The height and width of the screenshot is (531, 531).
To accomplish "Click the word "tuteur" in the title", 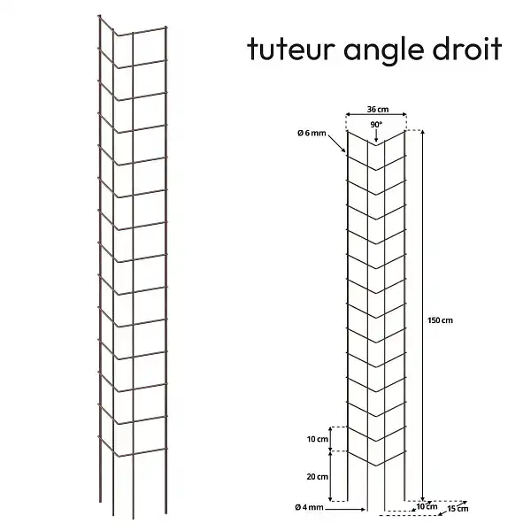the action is [x=291, y=50].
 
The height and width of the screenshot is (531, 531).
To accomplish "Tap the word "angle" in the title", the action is [x=384, y=51].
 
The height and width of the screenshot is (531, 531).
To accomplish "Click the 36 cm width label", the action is [x=378, y=110].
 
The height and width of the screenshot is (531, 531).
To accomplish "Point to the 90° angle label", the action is [x=376, y=125].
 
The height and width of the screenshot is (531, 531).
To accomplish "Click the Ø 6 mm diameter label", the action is [x=312, y=133].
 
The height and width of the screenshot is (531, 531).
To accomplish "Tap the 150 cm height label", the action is [x=440, y=320].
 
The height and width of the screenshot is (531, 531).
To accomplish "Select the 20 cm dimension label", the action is [x=318, y=476].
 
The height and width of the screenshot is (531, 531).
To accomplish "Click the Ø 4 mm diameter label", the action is [x=309, y=507].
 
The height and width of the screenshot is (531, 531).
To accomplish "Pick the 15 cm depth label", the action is [x=458, y=508].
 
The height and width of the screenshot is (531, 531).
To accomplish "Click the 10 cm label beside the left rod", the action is [x=318, y=439].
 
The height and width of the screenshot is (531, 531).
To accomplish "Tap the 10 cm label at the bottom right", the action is [x=427, y=506].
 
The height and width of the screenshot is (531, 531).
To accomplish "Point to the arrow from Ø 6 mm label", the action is [x=337, y=143].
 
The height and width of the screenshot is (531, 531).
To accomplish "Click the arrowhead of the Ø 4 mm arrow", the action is [x=364, y=509].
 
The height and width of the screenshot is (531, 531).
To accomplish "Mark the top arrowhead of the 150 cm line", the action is [x=422, y=132].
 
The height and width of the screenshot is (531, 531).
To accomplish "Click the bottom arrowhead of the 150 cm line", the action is [x=422, y=499].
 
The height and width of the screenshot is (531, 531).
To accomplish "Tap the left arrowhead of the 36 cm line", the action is [x=347, y=114].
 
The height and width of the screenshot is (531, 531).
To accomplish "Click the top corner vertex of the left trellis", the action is [x=115, y=35].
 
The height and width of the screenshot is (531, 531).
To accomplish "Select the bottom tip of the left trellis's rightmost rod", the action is [x=165, y=513].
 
